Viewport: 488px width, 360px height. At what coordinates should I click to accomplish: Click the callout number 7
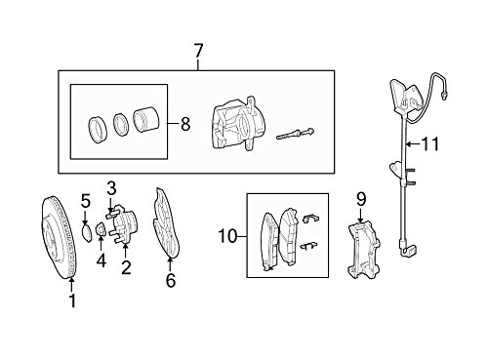[198, 51]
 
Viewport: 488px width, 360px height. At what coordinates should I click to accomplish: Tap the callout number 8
[185, 124]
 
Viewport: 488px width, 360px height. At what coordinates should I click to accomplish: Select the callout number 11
[430, 143]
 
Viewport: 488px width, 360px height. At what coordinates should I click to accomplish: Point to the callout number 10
[227, 236]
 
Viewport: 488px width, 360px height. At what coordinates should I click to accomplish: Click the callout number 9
[361, 200]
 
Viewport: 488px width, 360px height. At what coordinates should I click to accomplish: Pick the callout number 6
[171, 280]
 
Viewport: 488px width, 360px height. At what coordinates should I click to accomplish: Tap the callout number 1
[72, 300]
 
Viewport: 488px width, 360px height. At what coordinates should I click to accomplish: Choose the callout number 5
[86, 202]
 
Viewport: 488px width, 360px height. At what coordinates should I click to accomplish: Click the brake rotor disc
[60, 237]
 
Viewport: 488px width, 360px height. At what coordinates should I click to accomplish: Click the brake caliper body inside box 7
[238, 124]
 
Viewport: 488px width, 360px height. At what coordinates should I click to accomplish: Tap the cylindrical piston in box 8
[145, 120]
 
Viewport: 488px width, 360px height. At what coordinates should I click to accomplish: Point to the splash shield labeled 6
[165, 223]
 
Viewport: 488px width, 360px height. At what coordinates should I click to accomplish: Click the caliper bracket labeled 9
[363, 250]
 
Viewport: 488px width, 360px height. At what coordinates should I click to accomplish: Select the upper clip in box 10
[311, 219]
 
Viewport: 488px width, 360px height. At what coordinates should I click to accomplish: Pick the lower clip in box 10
[308, 246]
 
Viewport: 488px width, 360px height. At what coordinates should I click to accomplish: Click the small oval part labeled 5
[87, 232]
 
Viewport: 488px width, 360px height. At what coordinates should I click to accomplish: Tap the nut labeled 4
[101, 229]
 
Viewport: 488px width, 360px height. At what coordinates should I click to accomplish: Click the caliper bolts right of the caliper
[296, 134]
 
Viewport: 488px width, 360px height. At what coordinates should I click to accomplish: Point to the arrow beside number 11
[413, 143]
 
